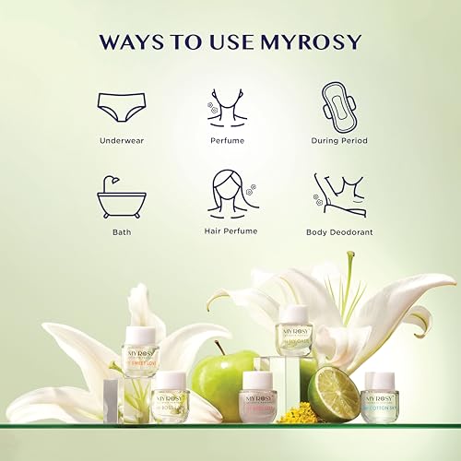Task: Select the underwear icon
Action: point(123,107)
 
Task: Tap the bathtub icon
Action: point(122,195)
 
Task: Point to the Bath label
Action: point(123,231)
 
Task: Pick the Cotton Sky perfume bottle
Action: point(380,396)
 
